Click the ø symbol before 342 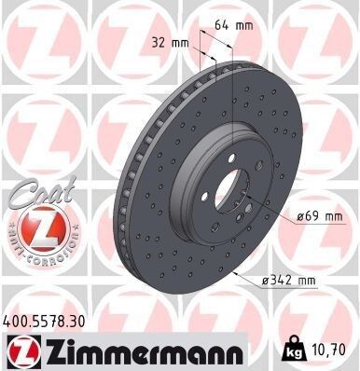[270, 278]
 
